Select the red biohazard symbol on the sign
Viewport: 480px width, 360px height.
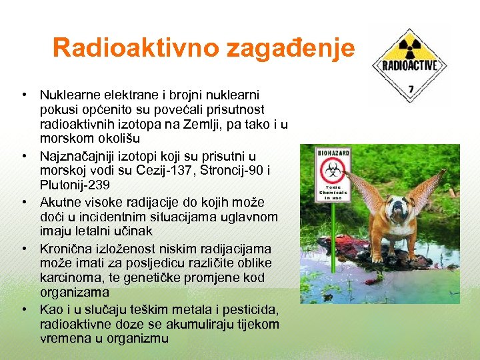click(332, 171)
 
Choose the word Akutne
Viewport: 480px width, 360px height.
click(61, 201)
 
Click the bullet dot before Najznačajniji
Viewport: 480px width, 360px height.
click(23, 156)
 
